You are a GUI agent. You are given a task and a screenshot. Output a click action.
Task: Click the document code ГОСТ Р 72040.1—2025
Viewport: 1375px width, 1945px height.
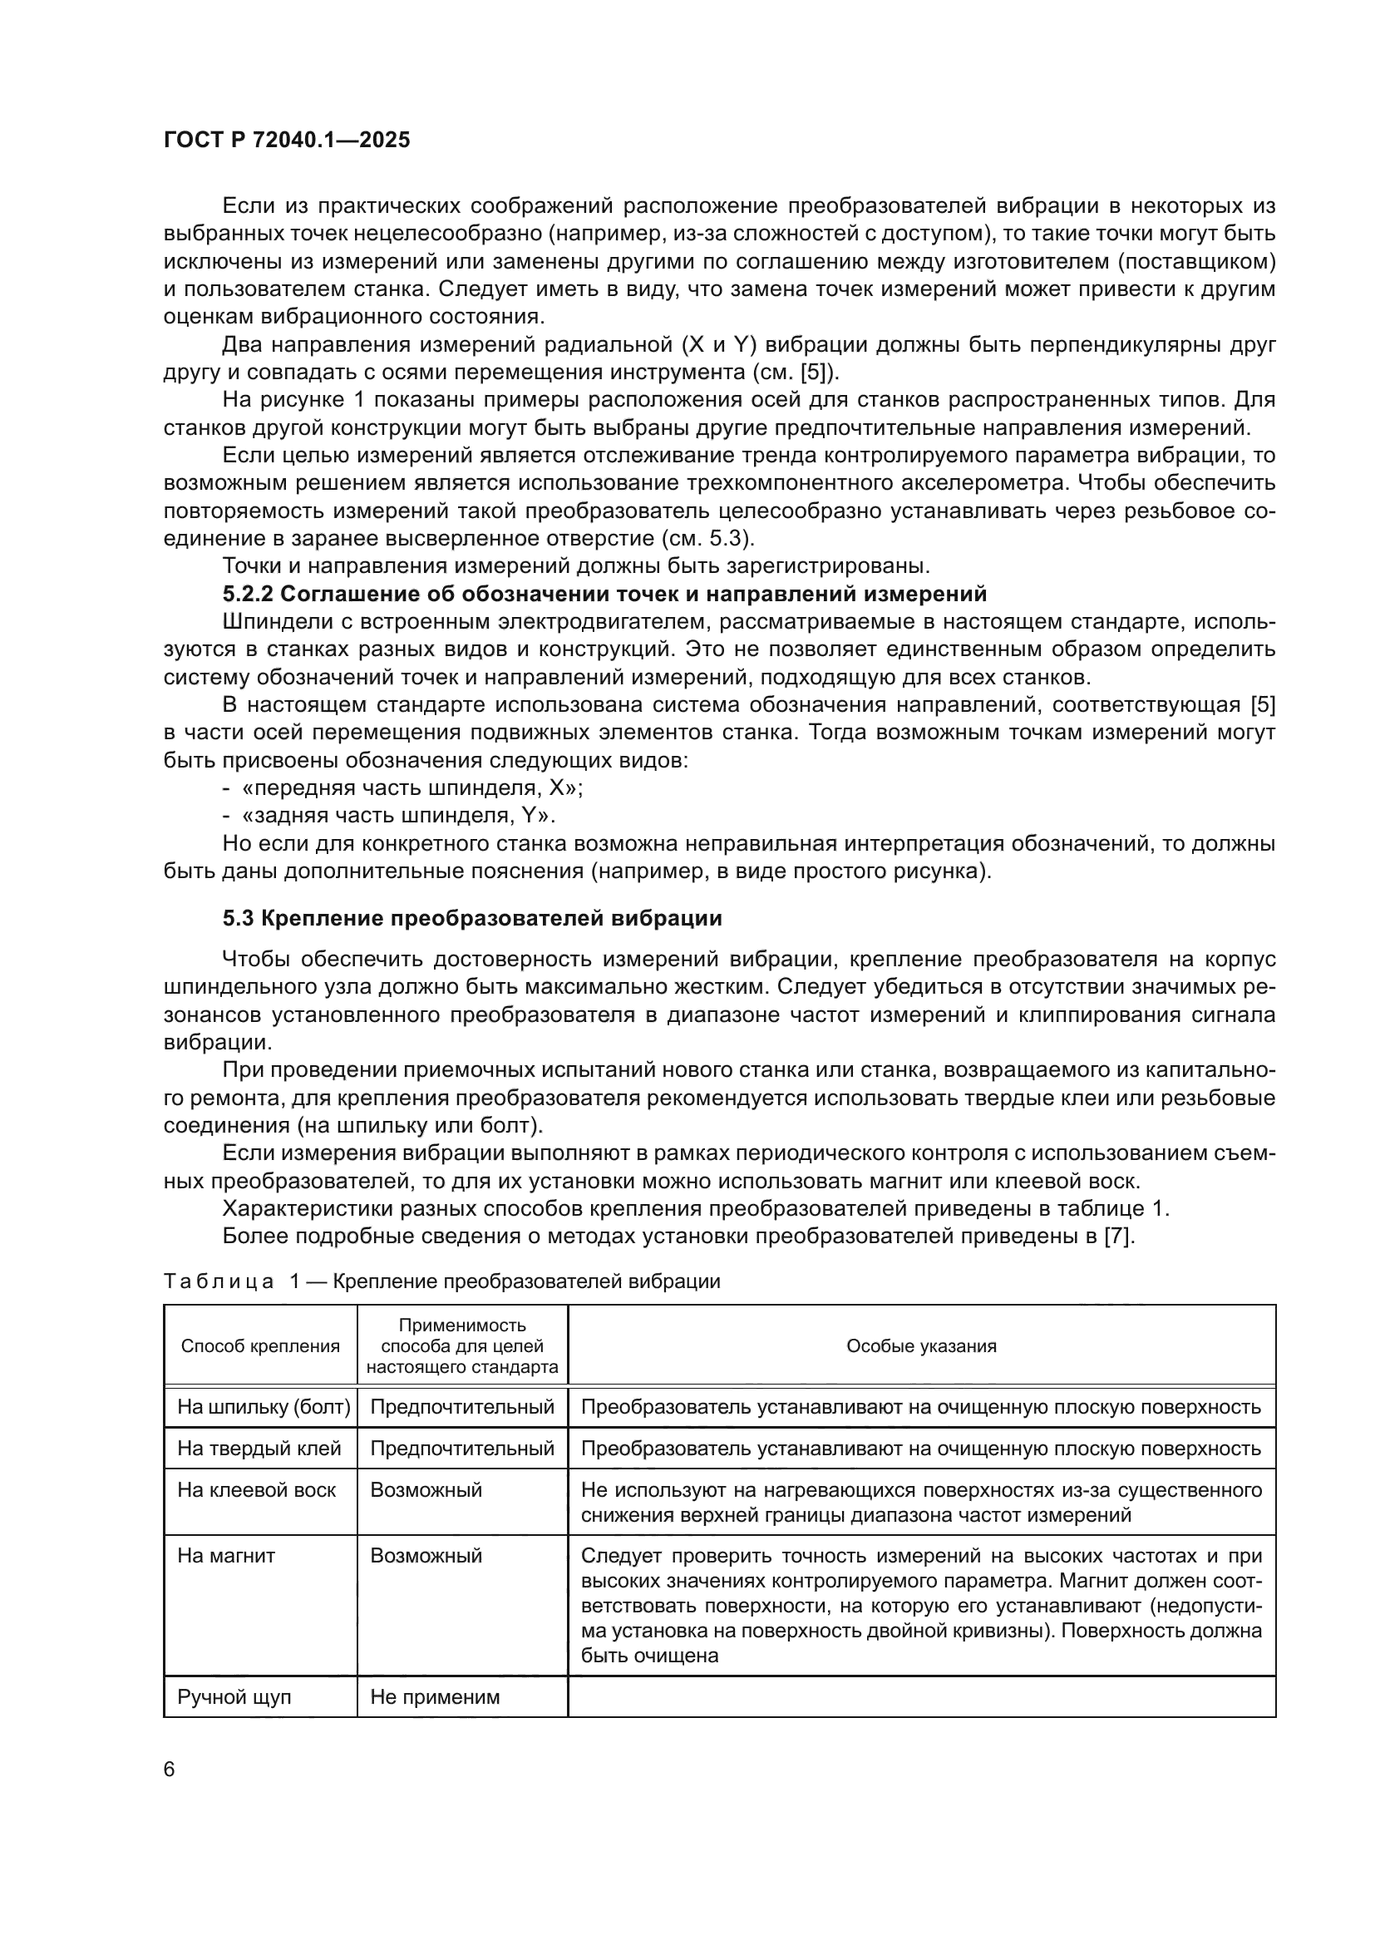click(286, 141)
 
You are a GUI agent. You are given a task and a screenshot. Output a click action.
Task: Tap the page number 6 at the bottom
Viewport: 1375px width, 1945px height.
click(170, 1769)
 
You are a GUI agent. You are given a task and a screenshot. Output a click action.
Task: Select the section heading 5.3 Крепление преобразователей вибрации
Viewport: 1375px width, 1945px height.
click(471, 918)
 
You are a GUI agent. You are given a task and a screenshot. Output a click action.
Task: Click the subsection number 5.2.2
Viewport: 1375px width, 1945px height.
click(248, 593)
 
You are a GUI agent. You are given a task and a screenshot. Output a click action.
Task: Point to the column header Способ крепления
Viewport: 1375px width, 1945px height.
click(260, 1346)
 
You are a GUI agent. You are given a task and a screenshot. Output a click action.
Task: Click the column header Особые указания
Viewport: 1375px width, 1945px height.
click(921, 1346)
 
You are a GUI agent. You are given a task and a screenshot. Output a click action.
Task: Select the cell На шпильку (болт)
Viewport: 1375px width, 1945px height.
click(264, 1407)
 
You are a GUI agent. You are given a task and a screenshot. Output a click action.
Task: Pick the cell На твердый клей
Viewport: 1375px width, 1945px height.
click(259, 1449)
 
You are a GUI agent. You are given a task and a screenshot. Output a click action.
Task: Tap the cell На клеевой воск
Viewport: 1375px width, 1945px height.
click(257, 1490)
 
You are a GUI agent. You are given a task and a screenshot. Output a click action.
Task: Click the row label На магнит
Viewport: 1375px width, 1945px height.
click(226, 1556)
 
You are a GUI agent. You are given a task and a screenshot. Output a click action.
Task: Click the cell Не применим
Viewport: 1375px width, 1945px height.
click(435, 1698)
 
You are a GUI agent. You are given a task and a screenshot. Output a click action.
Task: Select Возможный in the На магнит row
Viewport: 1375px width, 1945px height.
click(426, 1556)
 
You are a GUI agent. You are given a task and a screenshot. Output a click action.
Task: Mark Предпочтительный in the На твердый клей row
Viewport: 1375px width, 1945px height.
click(462, 1449)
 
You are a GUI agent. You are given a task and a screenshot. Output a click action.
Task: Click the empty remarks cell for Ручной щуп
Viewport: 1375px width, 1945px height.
click(921, 1697)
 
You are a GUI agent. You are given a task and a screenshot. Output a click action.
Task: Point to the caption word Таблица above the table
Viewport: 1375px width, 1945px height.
click(219, 1281)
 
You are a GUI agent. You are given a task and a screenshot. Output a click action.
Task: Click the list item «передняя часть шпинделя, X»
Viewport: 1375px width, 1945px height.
click(412, 787)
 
